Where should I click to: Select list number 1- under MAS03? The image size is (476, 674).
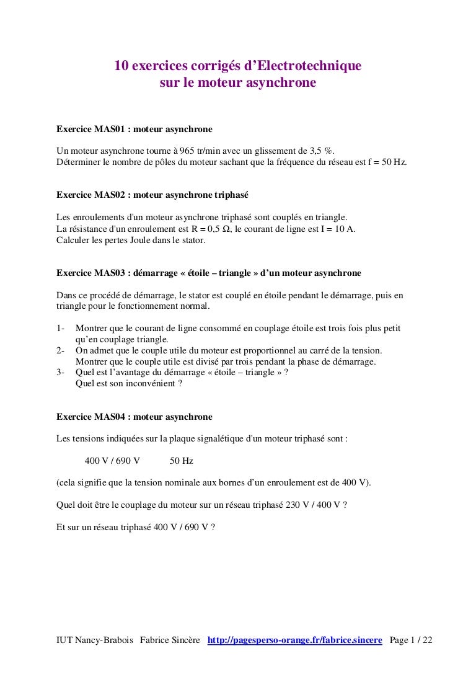(x=61, y=328)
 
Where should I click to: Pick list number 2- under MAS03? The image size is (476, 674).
(x=61, y=350)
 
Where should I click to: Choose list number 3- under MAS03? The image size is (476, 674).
(x=61, y=372)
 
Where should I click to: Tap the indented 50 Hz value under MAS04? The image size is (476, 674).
(x=182, y=461)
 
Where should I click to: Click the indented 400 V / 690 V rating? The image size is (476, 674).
(x=112, y=461)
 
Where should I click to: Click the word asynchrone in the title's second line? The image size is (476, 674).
(x=281, y=81)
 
